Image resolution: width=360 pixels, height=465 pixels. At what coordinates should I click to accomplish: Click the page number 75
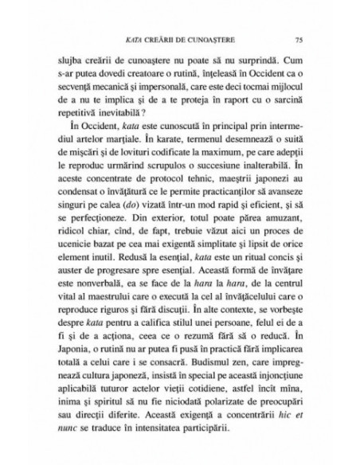pyautogui.click(x=297, y=37)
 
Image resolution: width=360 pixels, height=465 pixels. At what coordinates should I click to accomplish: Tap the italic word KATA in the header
pyautogui.click(x=136, y=37)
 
